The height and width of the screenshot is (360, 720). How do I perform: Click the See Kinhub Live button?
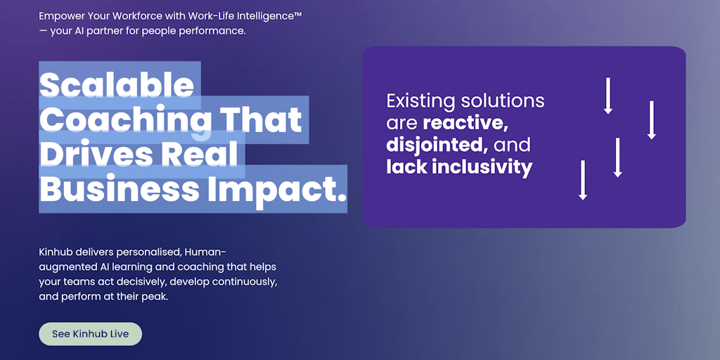[91, 334]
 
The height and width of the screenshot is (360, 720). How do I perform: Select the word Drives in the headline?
[92, 154]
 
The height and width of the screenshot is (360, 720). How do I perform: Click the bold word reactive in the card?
[465, 124]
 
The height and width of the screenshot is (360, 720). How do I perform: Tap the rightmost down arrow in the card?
[651, 120]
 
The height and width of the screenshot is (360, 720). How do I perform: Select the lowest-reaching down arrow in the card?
[583, 180]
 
